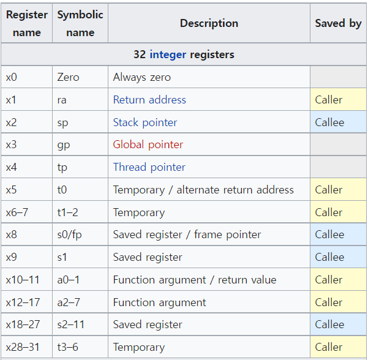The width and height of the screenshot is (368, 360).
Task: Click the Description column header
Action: point(209,23)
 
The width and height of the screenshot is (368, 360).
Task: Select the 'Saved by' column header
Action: point(338,23)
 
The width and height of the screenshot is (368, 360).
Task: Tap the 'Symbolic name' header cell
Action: point(80,23)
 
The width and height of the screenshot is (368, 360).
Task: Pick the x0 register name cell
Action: point(12,77)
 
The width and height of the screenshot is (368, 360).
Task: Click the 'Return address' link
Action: point(149,100)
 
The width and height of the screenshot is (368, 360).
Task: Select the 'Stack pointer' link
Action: point(145,122)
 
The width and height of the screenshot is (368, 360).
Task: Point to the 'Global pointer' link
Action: point(148,144)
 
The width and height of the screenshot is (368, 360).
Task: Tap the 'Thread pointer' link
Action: point(149,167)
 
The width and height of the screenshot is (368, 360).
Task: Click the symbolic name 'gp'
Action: point(63,144)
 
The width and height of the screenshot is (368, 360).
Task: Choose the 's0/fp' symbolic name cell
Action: point(69,234)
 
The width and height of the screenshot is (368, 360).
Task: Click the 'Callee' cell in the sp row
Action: point(329,122)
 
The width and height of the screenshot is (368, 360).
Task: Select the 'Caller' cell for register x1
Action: point(329,100)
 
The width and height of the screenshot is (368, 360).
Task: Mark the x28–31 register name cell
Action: point(23,347)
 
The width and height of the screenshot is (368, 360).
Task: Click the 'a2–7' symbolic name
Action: point(69,302)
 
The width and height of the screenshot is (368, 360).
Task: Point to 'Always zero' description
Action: point(142,77)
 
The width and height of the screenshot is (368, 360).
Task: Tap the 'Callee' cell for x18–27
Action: point(329,324)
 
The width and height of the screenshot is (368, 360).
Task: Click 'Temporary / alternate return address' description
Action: point(203,190)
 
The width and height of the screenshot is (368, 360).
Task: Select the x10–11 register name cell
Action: point(23,280)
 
